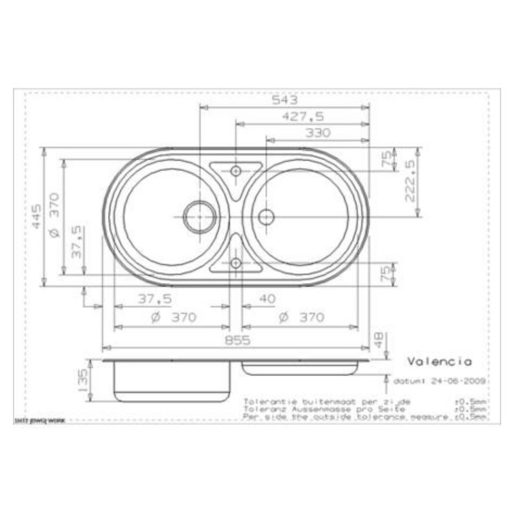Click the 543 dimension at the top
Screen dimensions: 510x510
[x=285, y=100]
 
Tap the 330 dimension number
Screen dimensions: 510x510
[x=317, y=133]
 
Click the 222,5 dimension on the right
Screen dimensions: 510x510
[x=409, y=182]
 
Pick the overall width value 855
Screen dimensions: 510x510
[x=237, y=339]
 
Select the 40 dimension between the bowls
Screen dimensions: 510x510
[x=268, y=299]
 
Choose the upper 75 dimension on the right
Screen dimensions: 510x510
[x=386, y=160]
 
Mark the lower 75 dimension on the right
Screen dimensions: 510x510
[x=386, y=274]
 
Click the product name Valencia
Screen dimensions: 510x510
[x=439, y=362]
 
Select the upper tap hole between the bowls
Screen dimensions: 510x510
[x=235, y=171]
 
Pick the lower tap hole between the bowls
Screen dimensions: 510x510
[x=235, y=262]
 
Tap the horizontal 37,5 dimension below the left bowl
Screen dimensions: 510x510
[x=155, y=299]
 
